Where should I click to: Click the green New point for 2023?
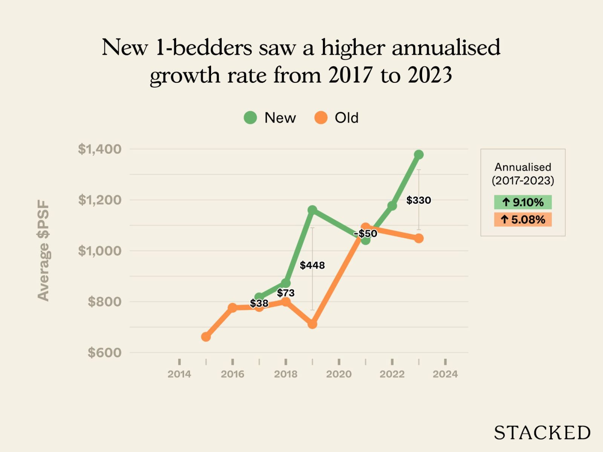pyautogui.click(x=419, y=154)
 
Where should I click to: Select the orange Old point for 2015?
pyautogui.click(x=206, y=337)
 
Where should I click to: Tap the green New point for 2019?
pyautogui.click(x=312, y=210)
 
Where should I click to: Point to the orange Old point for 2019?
pyautogui.click(x=312, y=324)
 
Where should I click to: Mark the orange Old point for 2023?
pyautogui.click(x=419, y=238)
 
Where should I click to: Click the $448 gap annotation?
pyautogui.click(x=312, y=265)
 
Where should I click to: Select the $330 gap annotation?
pyautogui.click(x=418, y=200)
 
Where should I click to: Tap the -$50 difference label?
pyautogui.click(x=366, y=234)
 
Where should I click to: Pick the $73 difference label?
pyautogui.click(x=286, y=293)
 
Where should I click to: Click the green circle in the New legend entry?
pyautogui.click(x=250, y=118)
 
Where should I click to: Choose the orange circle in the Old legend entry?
pyautogui.click(x=321, y=118)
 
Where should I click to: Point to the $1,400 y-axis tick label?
pyautogui.click(x=100, y=149)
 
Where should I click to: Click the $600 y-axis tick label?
pyautogui.click(x=104, y=353)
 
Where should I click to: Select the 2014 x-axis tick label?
pyautogui.click(x=179, y=374)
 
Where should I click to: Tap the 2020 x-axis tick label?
pyautogui.click(x=339, y=374)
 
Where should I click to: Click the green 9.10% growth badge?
pyautogui.click(x=523, y=202)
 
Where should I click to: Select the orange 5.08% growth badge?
pyautogui.click(x=523, y=220)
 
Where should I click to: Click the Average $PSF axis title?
pyautogui.click(x=44, y=250)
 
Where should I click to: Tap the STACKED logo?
pyautogui.click(x=542, y=433)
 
